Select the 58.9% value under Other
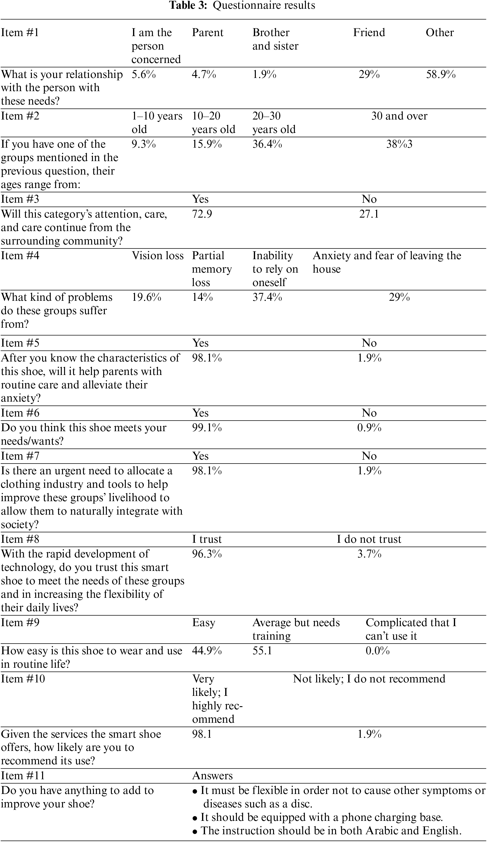(440, 74)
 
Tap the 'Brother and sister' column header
(275, 39)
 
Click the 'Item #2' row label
(20, 116)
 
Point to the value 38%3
(399, 144)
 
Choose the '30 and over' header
(399, 116)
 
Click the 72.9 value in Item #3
(202, 214)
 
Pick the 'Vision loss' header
(157, 256)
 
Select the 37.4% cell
(267, 297)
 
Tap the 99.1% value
(207, 428)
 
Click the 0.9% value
(369, 428)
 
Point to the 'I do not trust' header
(369, 539)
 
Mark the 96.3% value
(207, 554)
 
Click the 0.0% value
(377, 651)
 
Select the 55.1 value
(262, 651)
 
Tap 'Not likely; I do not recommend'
(369, 679)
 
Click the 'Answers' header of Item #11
(212, 776)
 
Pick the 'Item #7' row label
(20, 456)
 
